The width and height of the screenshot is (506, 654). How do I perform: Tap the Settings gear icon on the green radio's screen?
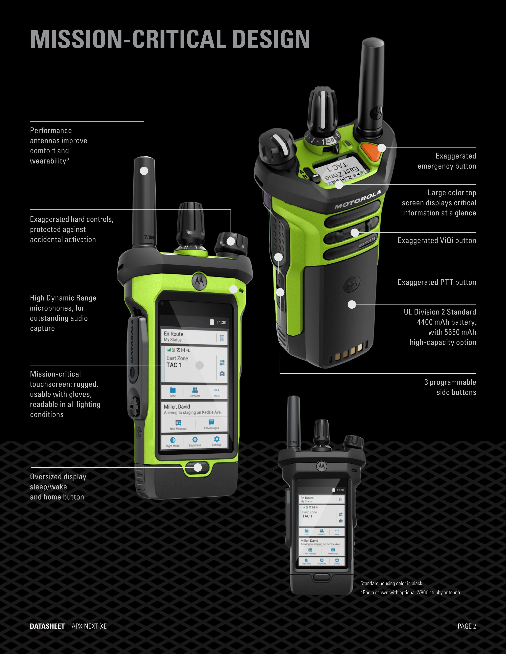click(x=216, y=440)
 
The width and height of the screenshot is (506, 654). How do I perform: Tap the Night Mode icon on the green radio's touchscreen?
click(x=173, y=441)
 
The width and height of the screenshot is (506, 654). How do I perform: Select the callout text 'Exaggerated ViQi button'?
click(x=437, y=240)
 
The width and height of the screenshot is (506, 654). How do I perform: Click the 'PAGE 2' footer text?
click(x=467, y=626)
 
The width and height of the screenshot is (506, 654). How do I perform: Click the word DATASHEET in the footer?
click(x=47, y=626)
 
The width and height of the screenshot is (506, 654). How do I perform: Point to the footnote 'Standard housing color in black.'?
click(x=392, y=583)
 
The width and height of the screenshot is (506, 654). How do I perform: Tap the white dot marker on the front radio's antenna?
click(x=144, y=171)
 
